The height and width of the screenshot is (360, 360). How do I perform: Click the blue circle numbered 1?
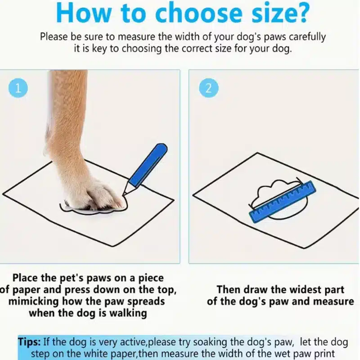click(x=18, y=88)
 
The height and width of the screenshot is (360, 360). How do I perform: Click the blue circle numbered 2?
click(x=208, y=88)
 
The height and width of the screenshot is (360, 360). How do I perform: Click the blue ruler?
click(x=283, y=201)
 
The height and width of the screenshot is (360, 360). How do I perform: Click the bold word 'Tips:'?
click(x=30, y=342)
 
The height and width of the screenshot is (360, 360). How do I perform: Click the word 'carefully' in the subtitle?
click(x=307, y=37)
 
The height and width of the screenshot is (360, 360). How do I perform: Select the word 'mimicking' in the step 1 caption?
click(x=33, y=301)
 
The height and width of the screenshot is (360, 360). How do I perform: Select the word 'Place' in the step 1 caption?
click(x=25, y=278)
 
